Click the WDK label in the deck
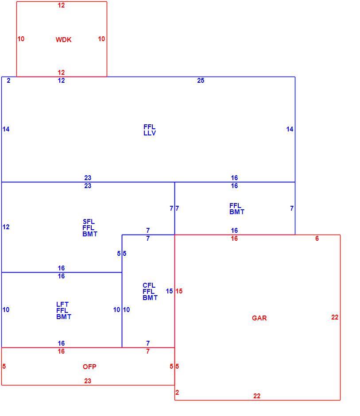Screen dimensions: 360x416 (63, 40)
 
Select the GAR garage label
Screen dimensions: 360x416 (259, 318)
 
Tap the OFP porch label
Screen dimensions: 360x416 (89, 366)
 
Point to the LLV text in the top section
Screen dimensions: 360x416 (150, 133)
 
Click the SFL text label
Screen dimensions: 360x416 (89, 222)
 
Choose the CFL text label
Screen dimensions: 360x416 (149, 285)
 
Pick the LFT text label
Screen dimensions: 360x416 (62, 304)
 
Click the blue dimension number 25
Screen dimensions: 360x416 (201, 81)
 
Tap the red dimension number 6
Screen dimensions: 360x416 (317, 239)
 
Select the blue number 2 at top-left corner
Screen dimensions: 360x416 (8, 81)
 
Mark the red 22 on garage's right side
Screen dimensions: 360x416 (335, 317)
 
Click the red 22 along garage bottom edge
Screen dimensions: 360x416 (257, 396)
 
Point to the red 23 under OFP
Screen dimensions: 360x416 (88, 381)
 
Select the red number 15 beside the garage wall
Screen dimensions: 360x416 (179, 291)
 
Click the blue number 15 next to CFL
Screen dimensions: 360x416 (170, 291)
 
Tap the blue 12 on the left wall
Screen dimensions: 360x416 (6, 227)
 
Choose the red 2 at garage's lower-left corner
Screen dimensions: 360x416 (177, 393)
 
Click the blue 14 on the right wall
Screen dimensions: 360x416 (290, 129)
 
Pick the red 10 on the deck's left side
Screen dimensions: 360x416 (21, 39)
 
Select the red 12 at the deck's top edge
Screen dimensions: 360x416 (61, 5)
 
